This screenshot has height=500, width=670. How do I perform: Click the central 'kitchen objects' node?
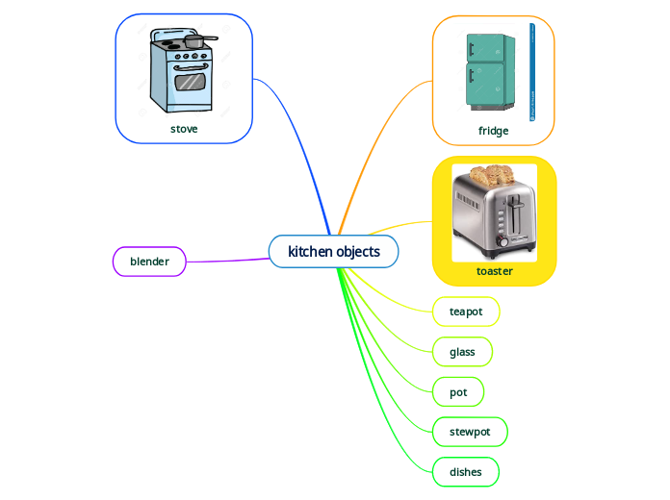coord(333,252)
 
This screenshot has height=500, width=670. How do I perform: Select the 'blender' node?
coord(149,262)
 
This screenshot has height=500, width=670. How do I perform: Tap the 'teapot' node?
coord(466,312)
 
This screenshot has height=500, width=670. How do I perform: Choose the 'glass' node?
coord(462,352)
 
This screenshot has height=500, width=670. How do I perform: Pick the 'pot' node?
coord(458,392)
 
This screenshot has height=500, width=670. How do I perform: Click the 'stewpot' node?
coord(470,432)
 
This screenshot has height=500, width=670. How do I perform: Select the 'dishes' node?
coord(466,472)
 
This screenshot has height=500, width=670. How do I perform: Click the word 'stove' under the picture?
coord(184,128)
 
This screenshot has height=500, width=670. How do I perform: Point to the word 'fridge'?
coord(493,131)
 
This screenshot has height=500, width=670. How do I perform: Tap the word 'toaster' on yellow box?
coord(494,271)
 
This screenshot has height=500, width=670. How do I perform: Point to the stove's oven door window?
coord(190,83)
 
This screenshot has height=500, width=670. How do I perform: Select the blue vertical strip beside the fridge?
coord(532,73)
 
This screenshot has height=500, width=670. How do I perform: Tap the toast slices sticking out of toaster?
coord(490,175)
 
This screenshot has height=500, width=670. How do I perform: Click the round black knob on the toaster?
coord(502,242)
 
